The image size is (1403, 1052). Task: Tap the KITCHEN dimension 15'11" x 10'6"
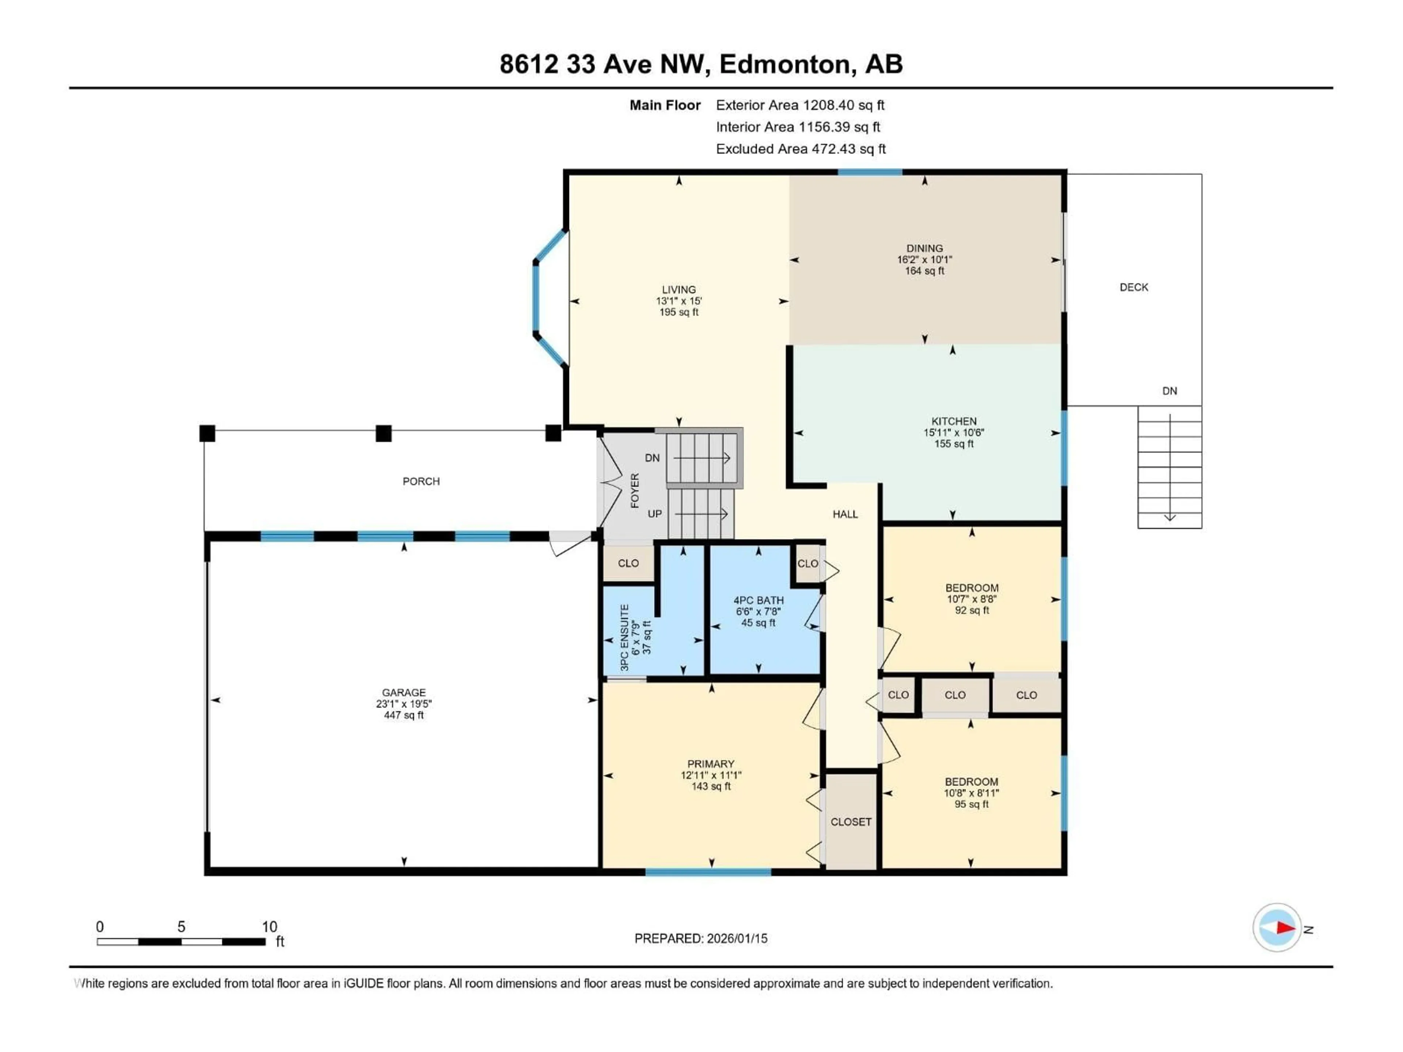pos(953,432)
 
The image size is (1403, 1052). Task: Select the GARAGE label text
pos(403,693)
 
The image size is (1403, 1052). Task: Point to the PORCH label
pos(421,481)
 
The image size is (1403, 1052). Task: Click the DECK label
pos(1133,287)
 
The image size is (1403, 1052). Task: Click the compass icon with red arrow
pos(1277,928)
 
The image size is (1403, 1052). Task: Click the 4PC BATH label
pos(758,600)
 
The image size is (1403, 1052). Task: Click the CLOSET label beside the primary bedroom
pos(851,822)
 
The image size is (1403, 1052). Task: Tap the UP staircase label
pos(655,514)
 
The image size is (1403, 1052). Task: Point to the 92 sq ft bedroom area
pos(972,610)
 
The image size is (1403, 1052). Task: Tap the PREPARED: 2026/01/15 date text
pos(700,938)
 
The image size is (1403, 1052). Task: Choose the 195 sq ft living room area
pos(679,312)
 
